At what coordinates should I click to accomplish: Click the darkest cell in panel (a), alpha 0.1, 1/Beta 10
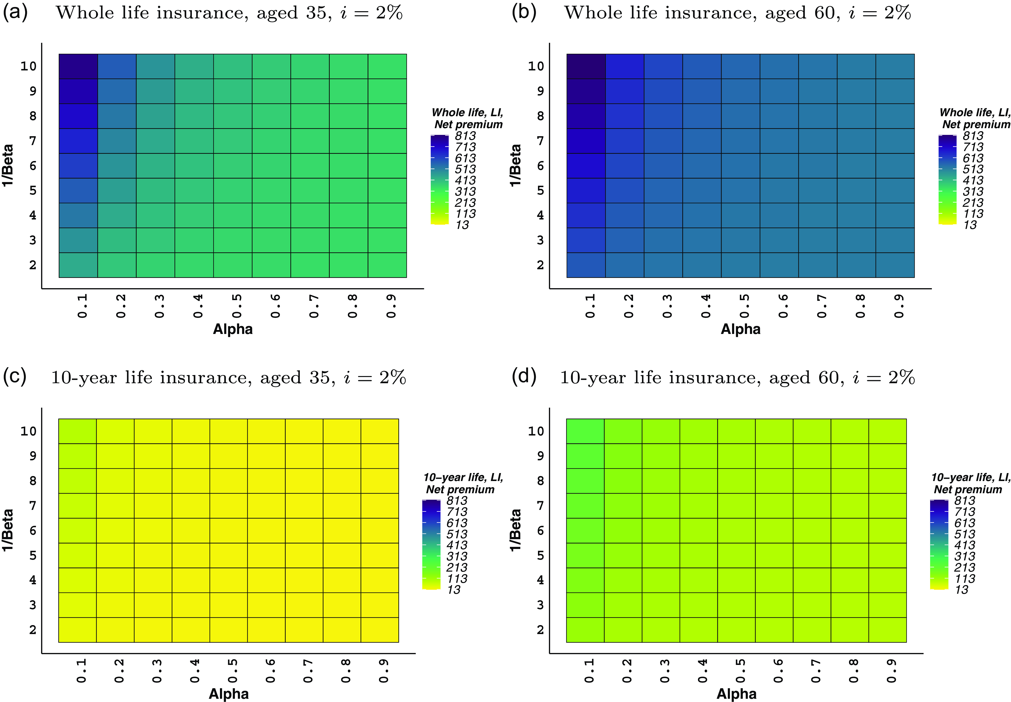(78, 66)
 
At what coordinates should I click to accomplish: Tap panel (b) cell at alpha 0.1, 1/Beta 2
(586, 265)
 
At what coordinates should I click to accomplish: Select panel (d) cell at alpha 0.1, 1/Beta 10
(585, 431)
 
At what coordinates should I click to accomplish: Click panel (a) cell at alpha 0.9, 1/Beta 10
(387, 66)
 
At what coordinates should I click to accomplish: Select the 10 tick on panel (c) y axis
(29, 431)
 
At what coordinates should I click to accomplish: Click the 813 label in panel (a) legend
(465, 136)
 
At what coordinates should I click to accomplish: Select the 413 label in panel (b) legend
(973, 180)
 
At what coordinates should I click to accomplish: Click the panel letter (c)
(14, 377)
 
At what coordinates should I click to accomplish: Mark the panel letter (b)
(523, 12)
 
